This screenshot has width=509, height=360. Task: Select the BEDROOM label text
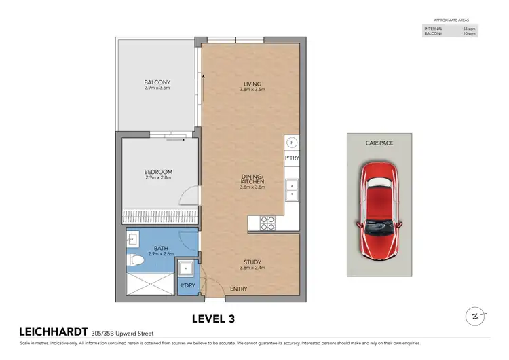point(159,171)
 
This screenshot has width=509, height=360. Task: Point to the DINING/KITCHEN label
point(252,180)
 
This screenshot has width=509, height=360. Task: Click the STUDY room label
point(252,262)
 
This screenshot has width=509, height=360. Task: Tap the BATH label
point(162,248)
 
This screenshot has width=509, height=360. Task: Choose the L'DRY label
point(187,286)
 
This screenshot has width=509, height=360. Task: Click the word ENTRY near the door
point(238,289)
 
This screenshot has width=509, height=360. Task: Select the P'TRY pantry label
point(292,158)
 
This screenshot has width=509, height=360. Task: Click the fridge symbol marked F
point(292,143)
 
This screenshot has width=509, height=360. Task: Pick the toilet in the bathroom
point(138,259)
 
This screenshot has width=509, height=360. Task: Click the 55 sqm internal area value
point(469,28)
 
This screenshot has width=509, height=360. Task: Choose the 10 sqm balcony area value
point(469,33)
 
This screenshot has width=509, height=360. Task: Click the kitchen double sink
point(292,188)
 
